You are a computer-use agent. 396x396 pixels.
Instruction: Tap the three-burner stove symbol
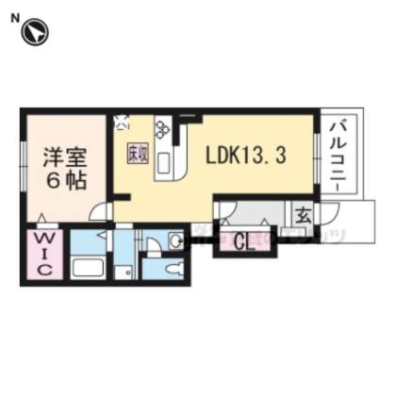(162, 130)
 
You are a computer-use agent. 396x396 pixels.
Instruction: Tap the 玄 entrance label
(303, 214)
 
